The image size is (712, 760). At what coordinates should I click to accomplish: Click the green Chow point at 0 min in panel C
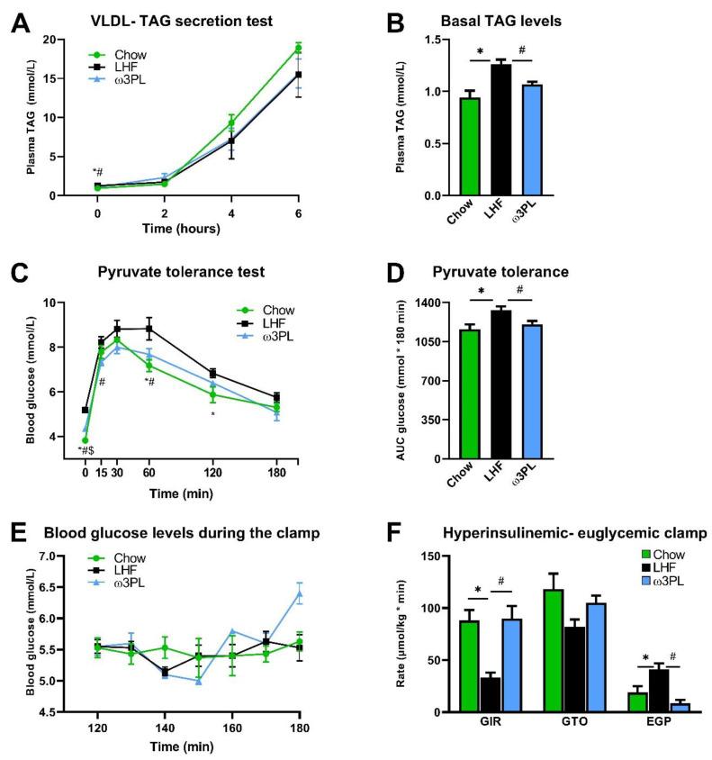click(85, 440)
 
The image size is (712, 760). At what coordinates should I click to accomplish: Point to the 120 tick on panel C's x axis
click(212, 471)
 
